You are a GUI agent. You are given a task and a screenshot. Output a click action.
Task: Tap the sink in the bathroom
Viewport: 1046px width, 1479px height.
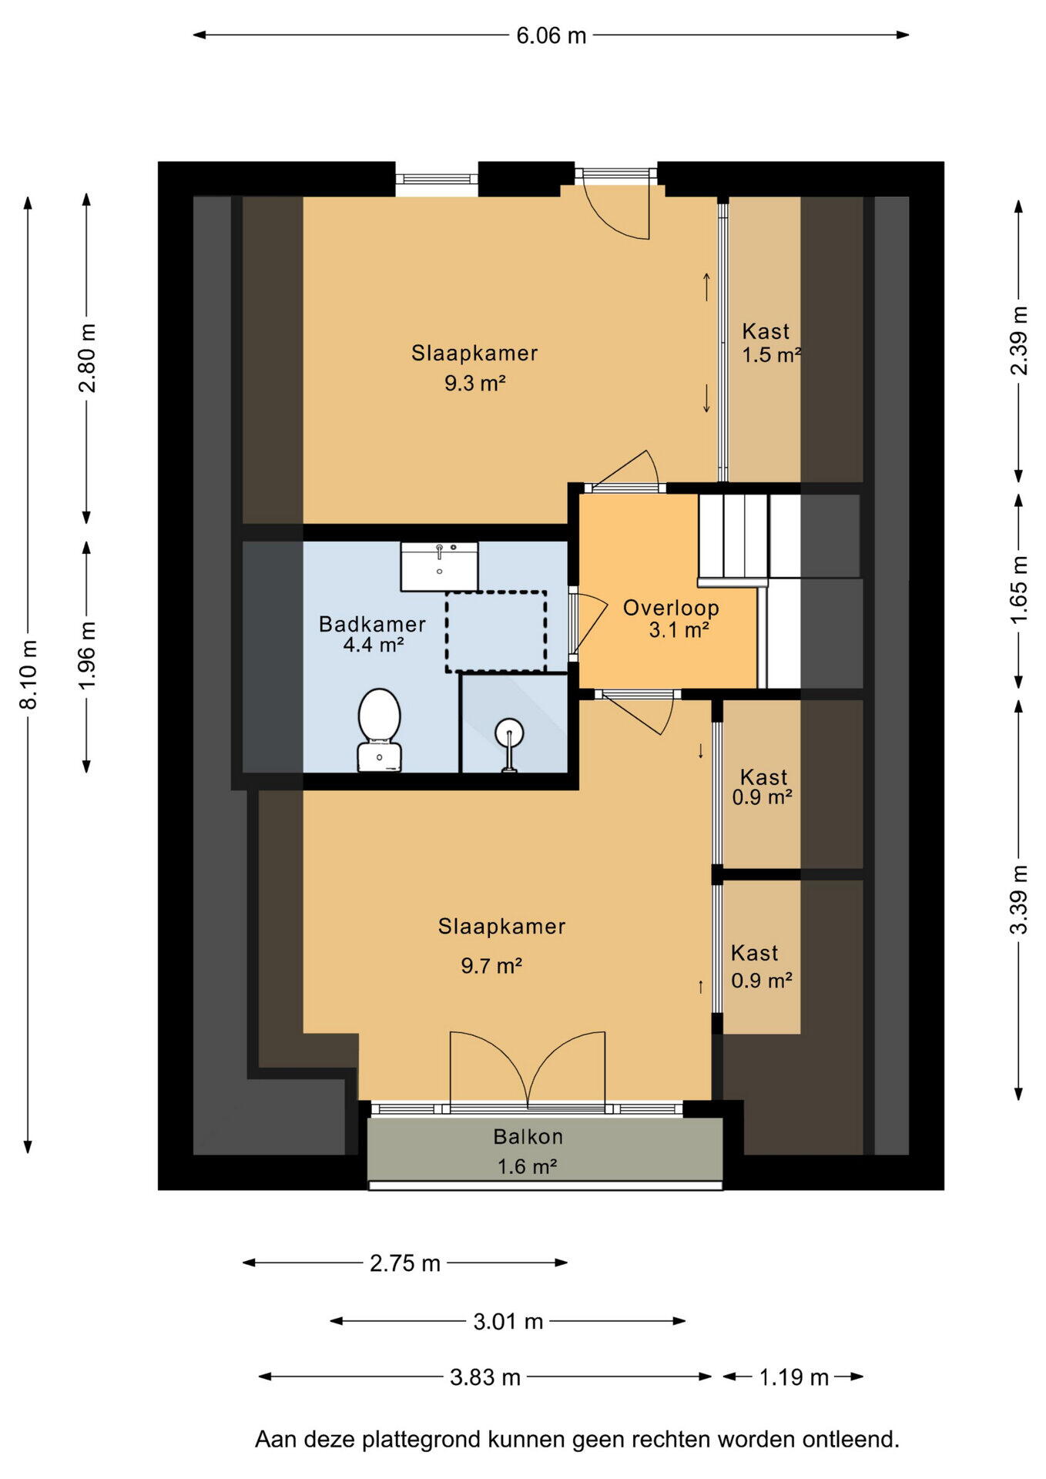[x=439, y=566]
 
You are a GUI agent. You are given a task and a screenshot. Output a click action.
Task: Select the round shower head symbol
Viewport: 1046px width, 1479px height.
[x=509, y=731]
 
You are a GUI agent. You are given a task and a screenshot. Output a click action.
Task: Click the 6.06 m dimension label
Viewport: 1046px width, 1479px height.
[x=551, y=35]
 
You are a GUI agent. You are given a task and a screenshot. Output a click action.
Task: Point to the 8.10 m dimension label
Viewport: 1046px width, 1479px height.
[x=28, y=674]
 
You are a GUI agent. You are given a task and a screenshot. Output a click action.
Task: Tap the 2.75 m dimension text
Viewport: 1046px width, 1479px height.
[x=405, y=1263]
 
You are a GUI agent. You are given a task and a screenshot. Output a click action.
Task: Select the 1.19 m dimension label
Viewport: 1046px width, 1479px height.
[x=794, y=1377]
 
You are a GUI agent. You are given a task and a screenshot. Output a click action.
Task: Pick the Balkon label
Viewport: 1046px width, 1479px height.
[x=528, y=1137]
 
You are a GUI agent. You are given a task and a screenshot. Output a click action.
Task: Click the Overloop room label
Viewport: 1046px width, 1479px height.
[x=671, y=608]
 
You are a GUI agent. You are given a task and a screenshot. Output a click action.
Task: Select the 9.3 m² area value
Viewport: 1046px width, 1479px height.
[x=474, y=383]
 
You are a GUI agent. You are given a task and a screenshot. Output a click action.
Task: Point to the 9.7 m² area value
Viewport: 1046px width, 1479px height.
[x=491, y=965]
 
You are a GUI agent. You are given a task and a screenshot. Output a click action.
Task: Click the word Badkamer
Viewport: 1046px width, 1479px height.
[x=372, y=624]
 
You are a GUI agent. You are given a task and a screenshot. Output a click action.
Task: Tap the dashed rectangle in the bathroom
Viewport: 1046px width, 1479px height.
[x=496, y=632]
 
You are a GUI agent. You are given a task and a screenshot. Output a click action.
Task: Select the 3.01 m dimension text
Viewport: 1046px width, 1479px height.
[x=508, y=1322]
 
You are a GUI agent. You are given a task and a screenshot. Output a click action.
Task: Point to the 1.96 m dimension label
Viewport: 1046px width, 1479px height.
[x=87, y=656]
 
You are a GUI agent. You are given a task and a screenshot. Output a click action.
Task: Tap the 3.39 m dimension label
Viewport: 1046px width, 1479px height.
[x=1019, y=900]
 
